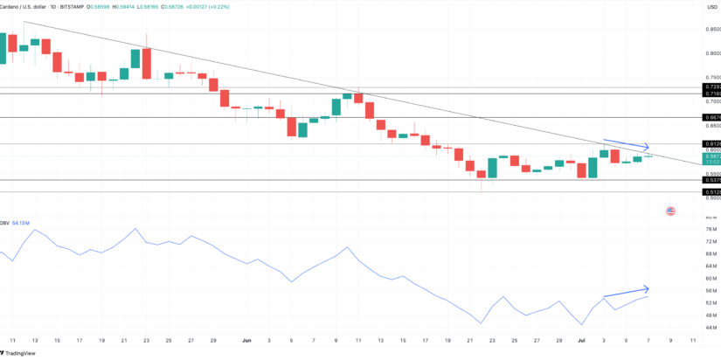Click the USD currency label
(x=711, y=6)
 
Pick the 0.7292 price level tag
(x=711, y=87)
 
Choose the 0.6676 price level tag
(x=711, y=116)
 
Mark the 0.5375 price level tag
(x=711, y=181)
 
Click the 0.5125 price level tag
(x=711, y=192)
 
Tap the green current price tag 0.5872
(x=711, y=156)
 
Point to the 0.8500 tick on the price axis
(x=711, y=30)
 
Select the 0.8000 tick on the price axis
(x=711, y=53)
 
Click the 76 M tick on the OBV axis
(x=711, y=230)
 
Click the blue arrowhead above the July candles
(x=646, y=147)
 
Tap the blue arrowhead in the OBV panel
(x=646, y=288)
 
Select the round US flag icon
(x=670, y=211)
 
